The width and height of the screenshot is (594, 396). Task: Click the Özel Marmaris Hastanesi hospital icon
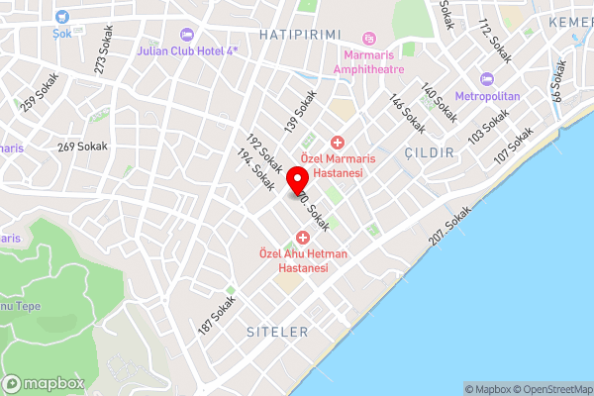(x=337, y=143)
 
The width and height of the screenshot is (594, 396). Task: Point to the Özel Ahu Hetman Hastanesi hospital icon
(x=302, y=236)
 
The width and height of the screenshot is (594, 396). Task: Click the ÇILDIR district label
(x=429, y=152)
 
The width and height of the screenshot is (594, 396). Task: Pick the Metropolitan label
(x=486, y=97)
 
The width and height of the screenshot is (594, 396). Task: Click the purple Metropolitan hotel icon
(x=486, y=79)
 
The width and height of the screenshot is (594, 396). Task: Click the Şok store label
(x=62, y=31)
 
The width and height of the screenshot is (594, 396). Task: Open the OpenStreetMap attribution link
(x=549, y=389)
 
